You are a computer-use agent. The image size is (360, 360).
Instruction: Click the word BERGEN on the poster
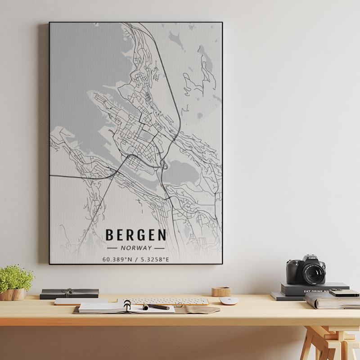[x=135, y=235]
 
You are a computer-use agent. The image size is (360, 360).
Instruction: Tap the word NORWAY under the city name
[x=136, y=248]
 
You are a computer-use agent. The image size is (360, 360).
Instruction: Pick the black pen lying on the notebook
[x=156, y=307]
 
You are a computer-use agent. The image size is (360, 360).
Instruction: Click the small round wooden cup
[x=221, y=291]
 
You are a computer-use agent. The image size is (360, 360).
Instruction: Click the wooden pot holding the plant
[x=13, y=294]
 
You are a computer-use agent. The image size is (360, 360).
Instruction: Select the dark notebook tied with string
[x=69, y=293]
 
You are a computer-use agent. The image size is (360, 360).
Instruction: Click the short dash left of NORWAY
[x=113, y=248]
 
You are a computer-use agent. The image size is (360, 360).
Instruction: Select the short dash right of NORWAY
[x=159, y=248]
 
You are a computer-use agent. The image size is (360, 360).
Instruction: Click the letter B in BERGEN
[x=109, y=235]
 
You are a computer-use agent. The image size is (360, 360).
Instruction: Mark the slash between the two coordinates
[x=136, y=259]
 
